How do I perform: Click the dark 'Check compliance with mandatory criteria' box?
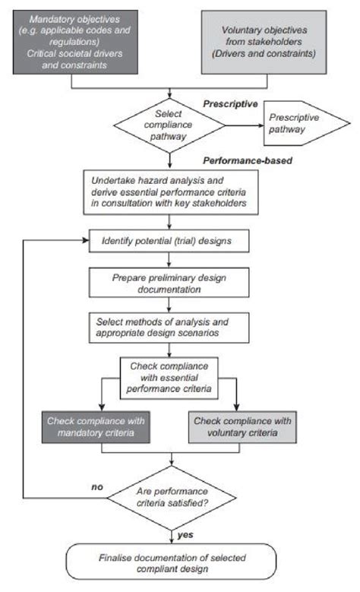coord(95,426)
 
